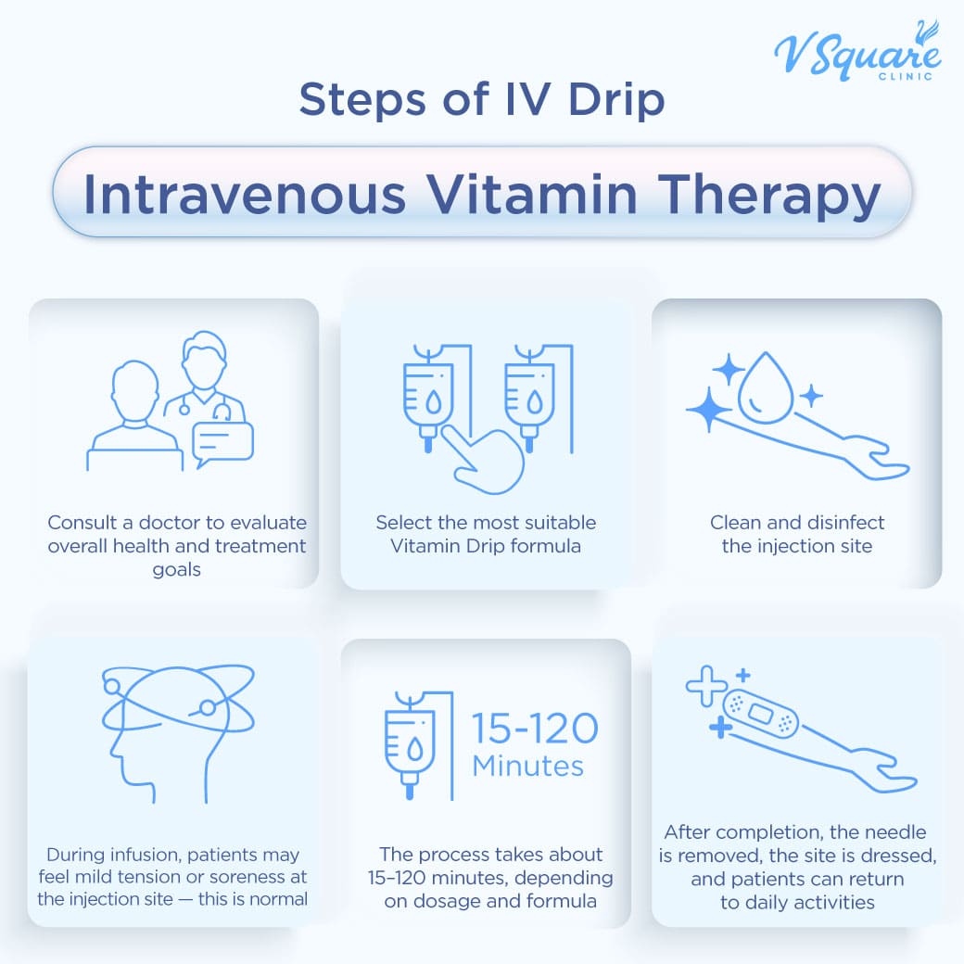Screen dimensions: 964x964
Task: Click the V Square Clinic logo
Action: (x=857, y=52)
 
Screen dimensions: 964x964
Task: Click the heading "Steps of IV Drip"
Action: (x=482, y=99)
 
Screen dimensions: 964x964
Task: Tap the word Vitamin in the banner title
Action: (x=532, y=195)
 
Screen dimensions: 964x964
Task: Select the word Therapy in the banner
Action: (x=769, y=197)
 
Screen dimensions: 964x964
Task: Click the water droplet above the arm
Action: (x=766, y=387)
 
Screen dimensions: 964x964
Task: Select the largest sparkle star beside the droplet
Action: (x=709, y=410)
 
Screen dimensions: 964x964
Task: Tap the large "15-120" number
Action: (x=535, y=729)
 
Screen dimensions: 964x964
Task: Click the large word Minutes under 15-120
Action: (x=528, y=767)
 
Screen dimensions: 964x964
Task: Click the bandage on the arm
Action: (x=761, y=714)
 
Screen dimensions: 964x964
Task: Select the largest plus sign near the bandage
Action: (x=706, y=686)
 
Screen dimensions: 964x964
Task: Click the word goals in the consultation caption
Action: (x=176, y=571)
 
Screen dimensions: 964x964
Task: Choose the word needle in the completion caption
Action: (x=892, y=831)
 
